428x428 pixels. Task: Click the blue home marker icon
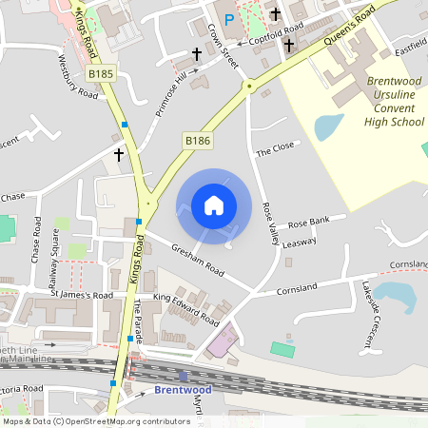tap(214, 205)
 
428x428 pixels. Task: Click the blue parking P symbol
tap(228, 19)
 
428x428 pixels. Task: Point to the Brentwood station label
tap(181, 390)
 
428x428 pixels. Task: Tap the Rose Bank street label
tap(308, 222)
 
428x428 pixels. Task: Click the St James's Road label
tap(81, 296)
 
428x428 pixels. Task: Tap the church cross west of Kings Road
tap(120, 153)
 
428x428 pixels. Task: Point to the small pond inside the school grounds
tap(328, 126)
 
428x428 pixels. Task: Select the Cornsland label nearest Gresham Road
tap(295, 288)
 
